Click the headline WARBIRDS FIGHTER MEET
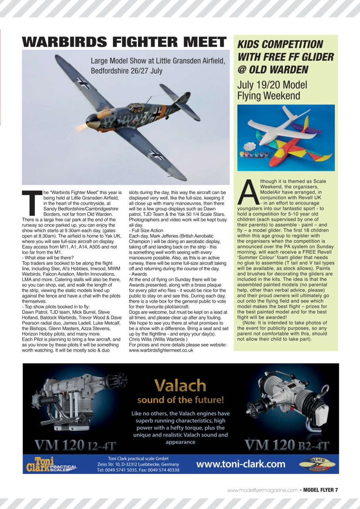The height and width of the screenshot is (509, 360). (124, 42)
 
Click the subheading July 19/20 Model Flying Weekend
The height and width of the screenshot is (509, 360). (272, 90)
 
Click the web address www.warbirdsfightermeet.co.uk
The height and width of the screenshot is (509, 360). (161, 350)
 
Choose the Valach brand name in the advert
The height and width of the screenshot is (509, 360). (180, 385)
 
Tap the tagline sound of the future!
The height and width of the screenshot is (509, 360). (180, 400)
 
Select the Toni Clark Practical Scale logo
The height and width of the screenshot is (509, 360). (51, 464)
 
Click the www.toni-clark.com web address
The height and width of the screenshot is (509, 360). (241, 464)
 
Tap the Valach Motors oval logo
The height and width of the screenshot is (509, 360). (317, 464)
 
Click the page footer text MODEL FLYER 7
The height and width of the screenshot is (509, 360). (320, 490)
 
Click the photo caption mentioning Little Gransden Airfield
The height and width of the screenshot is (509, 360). (158, 66)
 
